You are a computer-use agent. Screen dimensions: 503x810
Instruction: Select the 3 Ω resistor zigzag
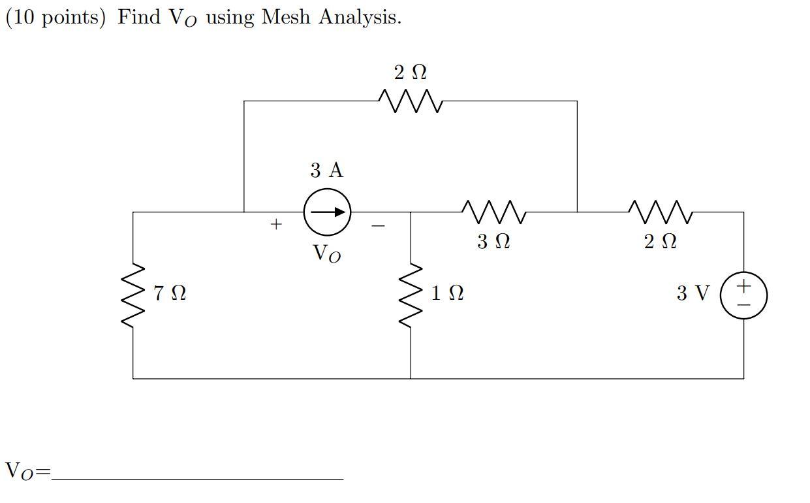click(x=493, y=212)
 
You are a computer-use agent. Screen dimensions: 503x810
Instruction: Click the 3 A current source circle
click(x=327, y=212)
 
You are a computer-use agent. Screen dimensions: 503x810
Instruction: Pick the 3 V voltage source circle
click(x=743, y=295)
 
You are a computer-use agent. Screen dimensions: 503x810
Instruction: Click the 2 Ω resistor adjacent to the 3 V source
click(x=660, y=212)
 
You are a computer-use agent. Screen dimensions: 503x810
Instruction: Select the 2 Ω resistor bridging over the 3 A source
click(x=411, y=101)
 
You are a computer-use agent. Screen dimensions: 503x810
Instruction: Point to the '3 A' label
click(x=326, y=170)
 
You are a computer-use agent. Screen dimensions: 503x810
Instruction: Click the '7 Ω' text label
click(x=170, y=293)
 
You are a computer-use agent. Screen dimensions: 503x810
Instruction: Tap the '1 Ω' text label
click(x=447, y=293)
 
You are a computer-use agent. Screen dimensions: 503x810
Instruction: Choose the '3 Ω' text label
click(x=493, y=242)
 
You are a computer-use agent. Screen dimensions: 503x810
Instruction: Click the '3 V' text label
click(x=693, y=293)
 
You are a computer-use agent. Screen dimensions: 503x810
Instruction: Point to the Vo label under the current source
click(x=326, y=253)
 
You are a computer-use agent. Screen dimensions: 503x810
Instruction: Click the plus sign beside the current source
click(x=276, y=225)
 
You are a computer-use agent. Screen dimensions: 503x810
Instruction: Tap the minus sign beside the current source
click(x=378, y=226)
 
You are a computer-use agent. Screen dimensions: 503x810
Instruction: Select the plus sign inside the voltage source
click(x=743, y=287)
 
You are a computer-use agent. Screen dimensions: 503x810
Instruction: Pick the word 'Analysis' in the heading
click(x=360, y=18)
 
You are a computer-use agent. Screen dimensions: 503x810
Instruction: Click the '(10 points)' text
click(x=55, y=18)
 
